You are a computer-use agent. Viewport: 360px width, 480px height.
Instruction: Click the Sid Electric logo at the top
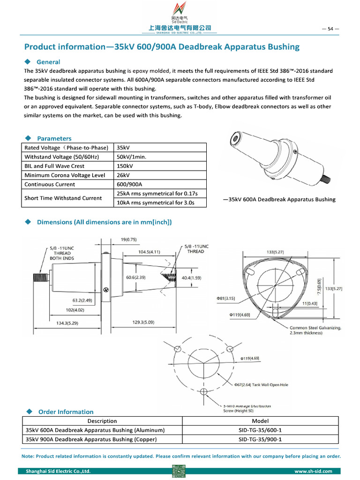(x=180, y=17)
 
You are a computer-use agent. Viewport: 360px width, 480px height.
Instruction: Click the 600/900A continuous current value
(x=129, y=184)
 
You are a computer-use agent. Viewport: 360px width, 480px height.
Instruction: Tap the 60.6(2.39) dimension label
(x=135, y=278)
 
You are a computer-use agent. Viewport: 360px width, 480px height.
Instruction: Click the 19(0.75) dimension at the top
(x=128, y=240)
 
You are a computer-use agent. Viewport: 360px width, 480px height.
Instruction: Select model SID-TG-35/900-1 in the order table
(x=260, y=439)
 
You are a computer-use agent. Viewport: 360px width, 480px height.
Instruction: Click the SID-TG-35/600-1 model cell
(x=260, y=430)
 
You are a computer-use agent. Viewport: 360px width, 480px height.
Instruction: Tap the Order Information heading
(x=66, y=412)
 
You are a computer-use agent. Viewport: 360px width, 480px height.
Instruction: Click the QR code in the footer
(x=179, y=471)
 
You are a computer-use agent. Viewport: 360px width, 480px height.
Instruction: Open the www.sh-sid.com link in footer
(x=313, y=471)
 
